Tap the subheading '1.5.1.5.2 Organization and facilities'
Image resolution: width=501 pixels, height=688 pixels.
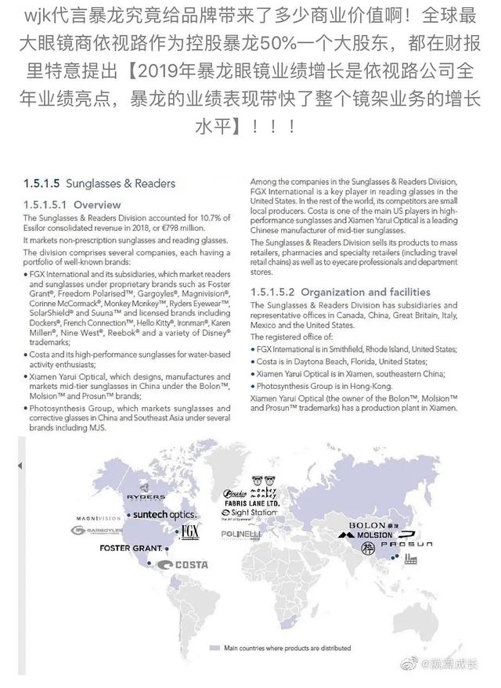click(x=341, y=292)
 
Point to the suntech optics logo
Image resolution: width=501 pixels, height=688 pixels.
click(x=164, y=514)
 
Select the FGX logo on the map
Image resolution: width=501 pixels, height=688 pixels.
click(x=189, y=532)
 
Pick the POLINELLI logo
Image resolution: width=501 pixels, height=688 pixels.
click(x=241, y=533)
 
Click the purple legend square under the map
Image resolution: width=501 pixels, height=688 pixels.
click(x=214, y=648)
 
